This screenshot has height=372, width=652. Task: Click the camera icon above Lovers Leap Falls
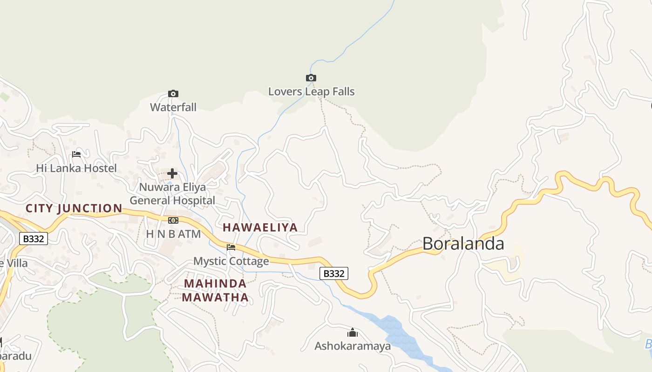click(x=311, y=78)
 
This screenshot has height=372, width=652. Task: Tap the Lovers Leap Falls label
click(x=311, y=92)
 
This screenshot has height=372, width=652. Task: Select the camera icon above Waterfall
click(x=173, y=93)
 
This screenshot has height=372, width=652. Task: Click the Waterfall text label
click(x=173, y=107)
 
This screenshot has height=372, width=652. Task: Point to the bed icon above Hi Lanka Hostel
click(x=76, y=154)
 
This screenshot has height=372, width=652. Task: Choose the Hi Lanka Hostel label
click(x=76, y=168)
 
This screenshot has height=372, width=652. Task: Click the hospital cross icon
click(x=172, y=174)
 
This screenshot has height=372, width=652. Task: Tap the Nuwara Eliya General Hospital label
click(x=172, y=194)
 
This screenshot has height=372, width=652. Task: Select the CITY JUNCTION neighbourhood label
click(x=74, y=208)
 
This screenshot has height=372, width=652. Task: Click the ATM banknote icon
click(x=173, y=220)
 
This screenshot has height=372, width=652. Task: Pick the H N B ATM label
click(x=173, y=234)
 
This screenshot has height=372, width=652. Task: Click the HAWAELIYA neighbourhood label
click(x=260, y=227)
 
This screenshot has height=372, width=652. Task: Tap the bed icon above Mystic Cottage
click(x=231, y=247)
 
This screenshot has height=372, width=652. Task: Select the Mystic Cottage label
click(x=231, y=261)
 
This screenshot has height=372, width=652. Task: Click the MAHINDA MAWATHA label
click(x=215, y=290)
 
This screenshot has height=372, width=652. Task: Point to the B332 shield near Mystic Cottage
click(x=334, y=273)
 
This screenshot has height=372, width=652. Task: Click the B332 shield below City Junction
click(x=34, y=239)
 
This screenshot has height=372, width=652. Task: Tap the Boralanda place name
click(x=463, y=244)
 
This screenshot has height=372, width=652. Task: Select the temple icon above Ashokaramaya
click(x=353, y=332)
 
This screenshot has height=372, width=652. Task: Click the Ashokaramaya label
click(x=353, y=346)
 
